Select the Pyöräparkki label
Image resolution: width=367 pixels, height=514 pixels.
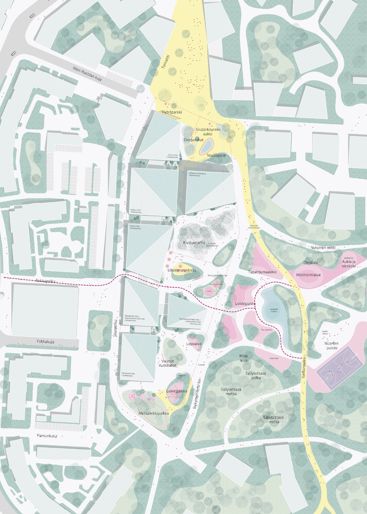pyautogui.click(x=172, y=112)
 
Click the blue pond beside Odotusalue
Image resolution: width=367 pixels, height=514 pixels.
pyautogui.click(x=206, y=146)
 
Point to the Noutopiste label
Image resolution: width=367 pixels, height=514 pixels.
pyautogui.click(x=216, y=155)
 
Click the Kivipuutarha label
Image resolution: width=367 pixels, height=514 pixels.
pyautogui.click(x=194, y=243)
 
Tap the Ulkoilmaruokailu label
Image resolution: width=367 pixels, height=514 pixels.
pyautogui.click(x=182, y=270)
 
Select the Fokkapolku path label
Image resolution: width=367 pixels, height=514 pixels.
pyautogui.click(x=46, y=281)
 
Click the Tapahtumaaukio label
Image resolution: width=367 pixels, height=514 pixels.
pyautogui.click(x=262, y=272)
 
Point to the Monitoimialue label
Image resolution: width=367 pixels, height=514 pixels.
pyautogui.click(x=308, y=275)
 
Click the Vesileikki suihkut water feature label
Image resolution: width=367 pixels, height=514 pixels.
pyautogui.click(x=274, y=310)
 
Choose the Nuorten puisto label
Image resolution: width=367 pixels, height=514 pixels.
pyautogui.click(x=332, y=346)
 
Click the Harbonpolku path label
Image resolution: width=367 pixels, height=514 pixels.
pyautogui.click(x=304, y=367)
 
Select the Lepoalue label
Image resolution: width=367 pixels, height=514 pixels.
pyautogui.click(x=194, y=344)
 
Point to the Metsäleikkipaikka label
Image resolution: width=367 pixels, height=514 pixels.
pyautogui.click(x=154, y=414)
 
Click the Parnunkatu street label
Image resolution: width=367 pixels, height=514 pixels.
pyautogui.click(x=47, y=436)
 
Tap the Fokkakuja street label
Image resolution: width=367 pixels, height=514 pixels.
pyautogui.click(x=46, y=342)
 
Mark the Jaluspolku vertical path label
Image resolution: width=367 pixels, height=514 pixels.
pyautogui.click(x=116, y=328)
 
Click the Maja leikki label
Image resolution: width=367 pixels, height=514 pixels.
pyautogui.click(x=244, y=358)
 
